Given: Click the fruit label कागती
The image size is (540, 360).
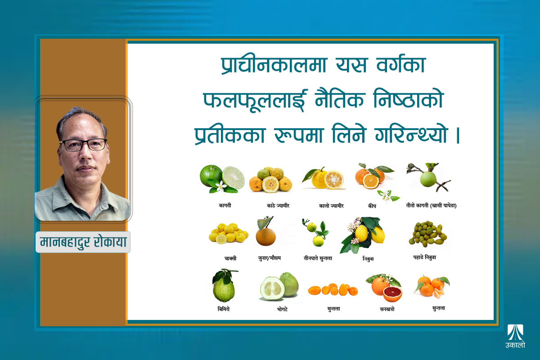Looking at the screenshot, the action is (225, 206).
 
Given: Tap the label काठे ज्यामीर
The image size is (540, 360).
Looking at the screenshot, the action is (278, 206).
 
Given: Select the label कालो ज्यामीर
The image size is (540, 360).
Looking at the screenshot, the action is (331, 206).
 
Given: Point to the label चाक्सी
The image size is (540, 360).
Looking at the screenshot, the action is (230, 258).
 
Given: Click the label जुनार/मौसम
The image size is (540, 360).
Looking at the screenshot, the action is (269, 258).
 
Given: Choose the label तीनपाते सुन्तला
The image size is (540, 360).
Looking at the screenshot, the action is (318, 258).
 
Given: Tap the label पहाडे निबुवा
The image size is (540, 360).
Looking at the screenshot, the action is (424, 257).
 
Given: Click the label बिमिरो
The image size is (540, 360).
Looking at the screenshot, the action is (224, 309).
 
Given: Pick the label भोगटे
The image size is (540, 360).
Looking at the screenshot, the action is (282, 309).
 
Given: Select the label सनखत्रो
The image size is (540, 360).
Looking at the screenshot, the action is (387, 309).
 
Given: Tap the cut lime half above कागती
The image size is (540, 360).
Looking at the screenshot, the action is (233, 178).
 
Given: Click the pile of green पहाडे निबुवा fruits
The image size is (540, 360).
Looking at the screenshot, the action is (427, 234).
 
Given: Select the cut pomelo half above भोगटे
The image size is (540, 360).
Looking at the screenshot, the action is (272, 288).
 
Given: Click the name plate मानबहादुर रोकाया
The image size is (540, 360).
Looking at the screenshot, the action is (83, 242).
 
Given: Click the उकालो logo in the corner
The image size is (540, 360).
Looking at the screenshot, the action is (515, 336).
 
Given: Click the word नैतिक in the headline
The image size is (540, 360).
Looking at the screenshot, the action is (339, 99).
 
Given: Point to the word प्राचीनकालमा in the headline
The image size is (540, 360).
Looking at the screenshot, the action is (274, 64).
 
